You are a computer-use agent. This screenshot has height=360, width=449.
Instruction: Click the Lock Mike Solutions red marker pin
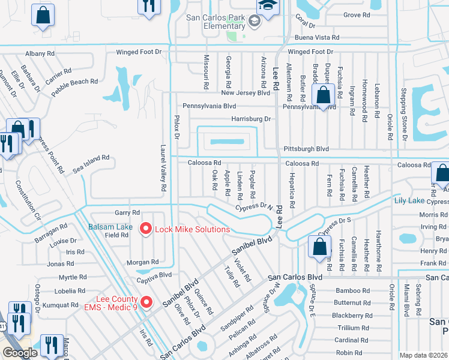145,229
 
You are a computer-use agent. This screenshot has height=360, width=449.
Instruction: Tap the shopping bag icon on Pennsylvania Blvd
324,95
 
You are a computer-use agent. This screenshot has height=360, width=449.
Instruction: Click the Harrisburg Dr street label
251,119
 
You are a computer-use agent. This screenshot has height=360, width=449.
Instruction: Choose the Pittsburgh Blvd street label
306,148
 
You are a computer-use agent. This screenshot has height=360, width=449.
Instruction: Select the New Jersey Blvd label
246,93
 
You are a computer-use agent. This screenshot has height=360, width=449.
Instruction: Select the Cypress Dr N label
254,207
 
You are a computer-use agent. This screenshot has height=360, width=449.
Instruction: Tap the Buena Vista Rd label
313,37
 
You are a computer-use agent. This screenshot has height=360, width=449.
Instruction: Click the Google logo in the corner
20,352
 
